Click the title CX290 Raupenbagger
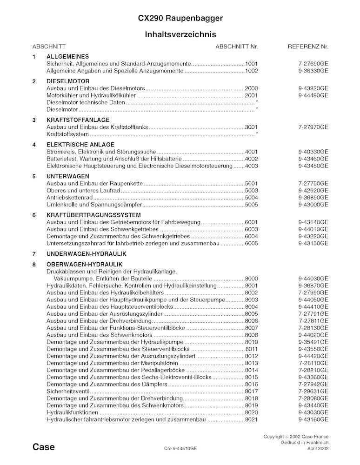pos(180,18)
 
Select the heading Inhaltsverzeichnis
pos(180,34)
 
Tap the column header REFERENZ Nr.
pos(308,47)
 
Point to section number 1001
pos(251,63)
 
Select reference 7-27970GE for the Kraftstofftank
pos(313,126)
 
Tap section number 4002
pos(251,159)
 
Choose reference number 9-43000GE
pos(313,205)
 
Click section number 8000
pos(251,279)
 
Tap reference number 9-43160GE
pos(313,419)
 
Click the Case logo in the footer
pos(44,447)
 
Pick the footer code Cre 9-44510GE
pos(180,449)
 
